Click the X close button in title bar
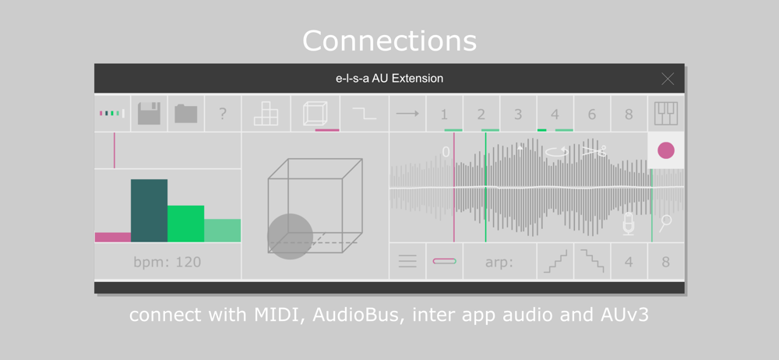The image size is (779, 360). (668, 79)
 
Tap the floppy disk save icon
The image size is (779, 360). (149, 114)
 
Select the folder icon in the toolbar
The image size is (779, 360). (186, 114)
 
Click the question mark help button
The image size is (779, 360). (223, 114)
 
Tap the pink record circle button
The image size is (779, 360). (666, 150)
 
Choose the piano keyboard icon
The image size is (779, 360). (666, 114)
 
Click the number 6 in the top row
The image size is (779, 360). (592, 115)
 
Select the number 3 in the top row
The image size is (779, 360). (518, 115)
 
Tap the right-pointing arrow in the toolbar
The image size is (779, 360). (407, 114)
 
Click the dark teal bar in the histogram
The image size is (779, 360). (149, 210)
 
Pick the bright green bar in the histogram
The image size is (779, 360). (186, 224)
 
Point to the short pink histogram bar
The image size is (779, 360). (113, 237)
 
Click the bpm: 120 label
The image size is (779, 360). (167, 262)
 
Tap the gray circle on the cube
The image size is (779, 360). (290, 237)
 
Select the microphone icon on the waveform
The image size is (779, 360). (629, 224)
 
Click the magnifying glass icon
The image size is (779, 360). (665, 224)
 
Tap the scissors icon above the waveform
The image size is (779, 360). (594, 150)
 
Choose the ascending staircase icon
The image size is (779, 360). (555, 262)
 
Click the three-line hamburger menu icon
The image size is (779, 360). (407, 261)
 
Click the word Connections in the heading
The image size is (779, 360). (389, 41)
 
